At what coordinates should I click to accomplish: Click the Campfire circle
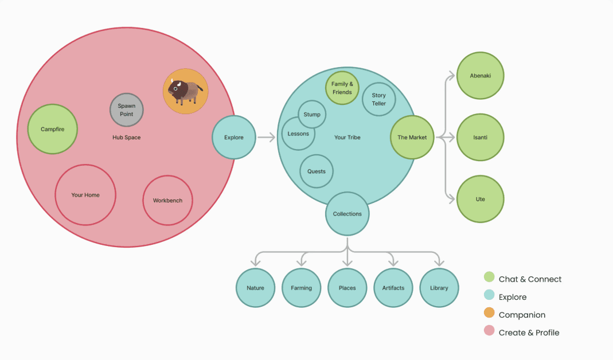[52, 129]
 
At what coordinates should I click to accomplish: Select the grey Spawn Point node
[126, 109]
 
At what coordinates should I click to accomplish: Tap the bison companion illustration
[185, 91]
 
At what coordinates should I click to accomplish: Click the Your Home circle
[85, 195]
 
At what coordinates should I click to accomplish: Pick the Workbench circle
[167, 201]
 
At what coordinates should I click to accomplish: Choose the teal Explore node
[234, 137]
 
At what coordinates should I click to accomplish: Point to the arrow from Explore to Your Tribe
[267, 137]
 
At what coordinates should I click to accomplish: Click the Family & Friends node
[342, 88]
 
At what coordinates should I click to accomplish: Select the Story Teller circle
[379, 99]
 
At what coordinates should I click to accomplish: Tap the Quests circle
[317, 171]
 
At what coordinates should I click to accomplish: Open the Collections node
[348, 214]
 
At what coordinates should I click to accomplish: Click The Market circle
[412, 137]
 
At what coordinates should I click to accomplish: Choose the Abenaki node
[480, 76]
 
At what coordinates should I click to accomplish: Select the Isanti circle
[480, 137]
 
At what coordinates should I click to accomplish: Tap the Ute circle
[480, 199]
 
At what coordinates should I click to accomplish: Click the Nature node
[255, 288]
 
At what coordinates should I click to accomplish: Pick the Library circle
[439, 288]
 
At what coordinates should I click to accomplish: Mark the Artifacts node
[393, 288]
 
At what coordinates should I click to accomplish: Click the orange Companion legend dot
[489, 313]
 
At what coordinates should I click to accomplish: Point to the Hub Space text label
[127, 138]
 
